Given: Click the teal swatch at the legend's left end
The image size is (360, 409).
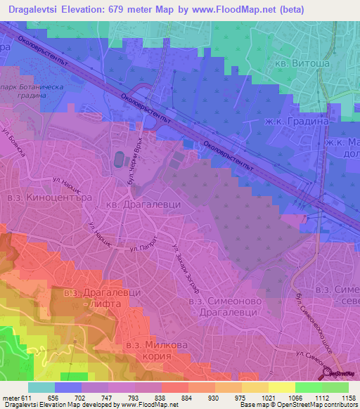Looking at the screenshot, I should point(41,387).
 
